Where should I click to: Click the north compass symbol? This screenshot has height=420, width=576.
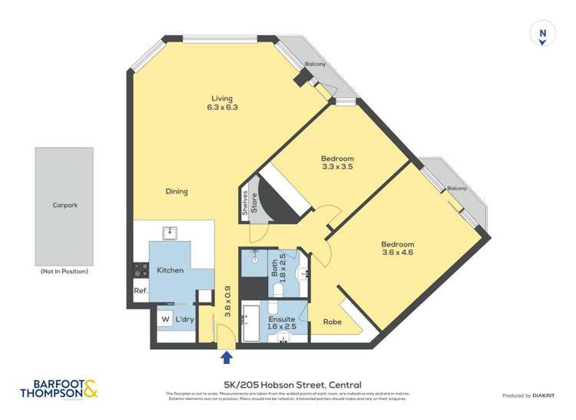(x=543, y=34)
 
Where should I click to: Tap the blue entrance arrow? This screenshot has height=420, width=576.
(x=227, y=356)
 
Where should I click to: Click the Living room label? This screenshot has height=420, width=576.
(x=222, y=98)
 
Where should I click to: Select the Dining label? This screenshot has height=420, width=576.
(x=177, y=191)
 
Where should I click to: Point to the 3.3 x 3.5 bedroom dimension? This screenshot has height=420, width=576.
(x=336, y=167)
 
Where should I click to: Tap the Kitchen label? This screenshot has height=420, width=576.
(x=170, y=270)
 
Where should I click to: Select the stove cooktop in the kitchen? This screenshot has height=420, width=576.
(x=141, y=270)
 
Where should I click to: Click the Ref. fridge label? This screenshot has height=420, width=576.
(x=141, y=291)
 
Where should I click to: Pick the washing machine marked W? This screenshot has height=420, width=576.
(x=164, y=319)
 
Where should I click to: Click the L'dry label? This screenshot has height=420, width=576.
(x=184, y=319)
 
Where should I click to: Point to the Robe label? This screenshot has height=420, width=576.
(x=332, y=322)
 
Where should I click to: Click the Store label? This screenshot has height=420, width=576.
(x=254, y=203)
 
